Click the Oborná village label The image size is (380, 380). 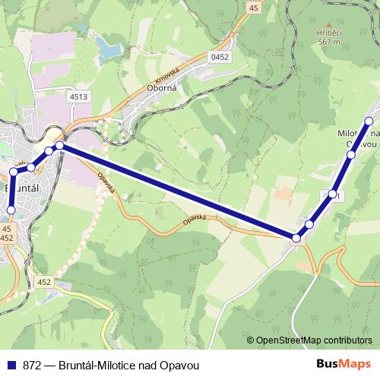coord(160,87)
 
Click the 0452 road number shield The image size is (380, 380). coord(220,56)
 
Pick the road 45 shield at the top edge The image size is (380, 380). coord(253,7)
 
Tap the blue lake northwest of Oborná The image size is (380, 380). coord(109,50)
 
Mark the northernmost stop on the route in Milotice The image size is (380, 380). coord(369,121)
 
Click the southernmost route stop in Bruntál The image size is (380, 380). coord(11,210)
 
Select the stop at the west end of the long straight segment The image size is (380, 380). coord(59,144)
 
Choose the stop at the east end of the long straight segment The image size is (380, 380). coord(296,239)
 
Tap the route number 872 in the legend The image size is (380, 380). coord(32,365)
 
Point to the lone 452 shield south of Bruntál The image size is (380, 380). coord(44,282)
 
